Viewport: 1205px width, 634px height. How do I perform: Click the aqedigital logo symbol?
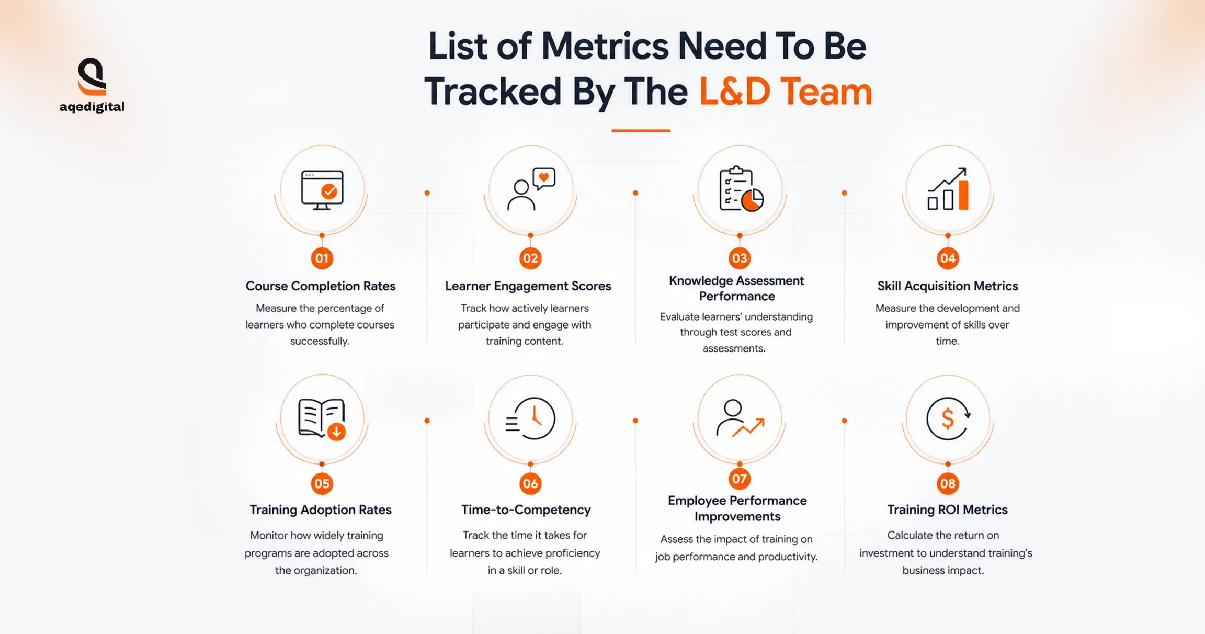pyautogui.click(x=92, y=76)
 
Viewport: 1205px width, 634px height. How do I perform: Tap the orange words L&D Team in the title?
pyautogui.click(x=786, y=92)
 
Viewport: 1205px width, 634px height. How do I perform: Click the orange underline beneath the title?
pyautogui.click(x=641, y=130)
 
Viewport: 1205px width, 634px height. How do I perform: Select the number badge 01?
pyautogui.click(x=322, y=258)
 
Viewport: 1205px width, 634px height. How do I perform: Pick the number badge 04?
pyautogui.click(x=948, y=258)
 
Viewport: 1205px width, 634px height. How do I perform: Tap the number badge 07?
pyautogui.click(x=739, y=479)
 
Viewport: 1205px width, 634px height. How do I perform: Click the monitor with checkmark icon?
pyautogui.click(x=322, y=190)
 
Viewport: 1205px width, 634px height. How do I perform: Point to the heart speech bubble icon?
pyautogui.click(x=544, y=179)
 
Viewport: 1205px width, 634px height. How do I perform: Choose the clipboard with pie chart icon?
pyautogui.click(x=741, y=189)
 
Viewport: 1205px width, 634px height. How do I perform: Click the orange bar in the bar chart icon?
pyautogui.click(x=963, y=195)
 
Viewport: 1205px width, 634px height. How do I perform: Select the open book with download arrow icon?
pyautogui.click(x=322, y=418)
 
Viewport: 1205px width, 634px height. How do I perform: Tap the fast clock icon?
pyautogui.click(x=530, y=418)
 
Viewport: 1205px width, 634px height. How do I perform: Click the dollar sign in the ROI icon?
pyautogui.click(x=948, y=419)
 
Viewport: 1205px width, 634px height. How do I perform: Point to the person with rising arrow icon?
pyautogui.click(x=740, y=418)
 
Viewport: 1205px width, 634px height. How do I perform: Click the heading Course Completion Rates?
pyautogui.click(x=321, y=286)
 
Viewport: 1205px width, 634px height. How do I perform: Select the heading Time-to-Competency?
pyautogui.click(x=526, y=510)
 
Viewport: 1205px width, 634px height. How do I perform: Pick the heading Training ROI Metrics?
pyautogui.click(x=948, y=510)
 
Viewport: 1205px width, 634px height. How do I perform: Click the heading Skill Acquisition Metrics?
pyautogui.click(x=948, y=286)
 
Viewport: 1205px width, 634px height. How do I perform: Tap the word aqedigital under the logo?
pyautogui.click(x=92, y=107)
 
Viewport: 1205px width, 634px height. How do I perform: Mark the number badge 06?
pyautogui.click(x=530, y=483)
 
